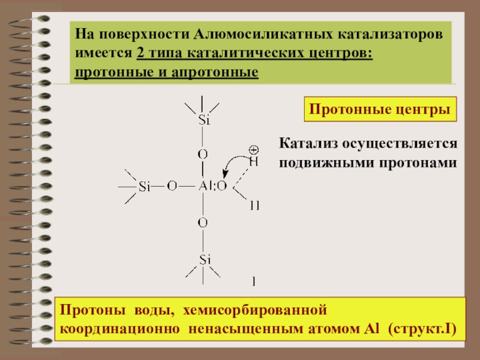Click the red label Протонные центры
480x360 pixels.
tap(379, 110)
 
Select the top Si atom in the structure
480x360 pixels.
tap(203, 120)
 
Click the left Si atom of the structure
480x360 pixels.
tap(144, 187)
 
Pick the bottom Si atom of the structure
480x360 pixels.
tap(205, 259)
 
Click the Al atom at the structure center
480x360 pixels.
tap(205, 187)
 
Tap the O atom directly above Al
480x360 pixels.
tap(203, 154)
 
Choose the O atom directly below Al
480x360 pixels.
tap(203, 223)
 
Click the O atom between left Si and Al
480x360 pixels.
tap(172, 187)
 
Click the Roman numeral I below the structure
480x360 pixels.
tap(254, 280)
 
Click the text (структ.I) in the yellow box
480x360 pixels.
tap(422, 329)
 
